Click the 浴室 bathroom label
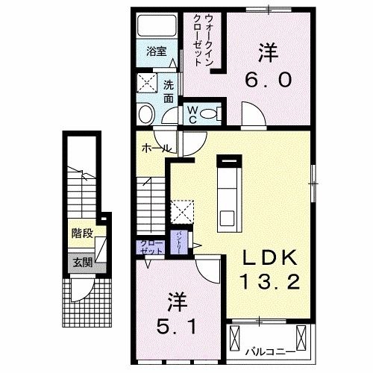(x=156, y=52)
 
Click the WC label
(x=192, y=113)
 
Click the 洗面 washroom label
(x=169, y=91)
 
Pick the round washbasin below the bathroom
(x=145, y=113)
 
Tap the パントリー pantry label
(x=181, y=242)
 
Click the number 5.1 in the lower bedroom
(x=177, y=325)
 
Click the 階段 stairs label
(x=82, y=233)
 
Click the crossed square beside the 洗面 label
(x=146, y=84)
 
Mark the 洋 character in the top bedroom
(x=267, y=52)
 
